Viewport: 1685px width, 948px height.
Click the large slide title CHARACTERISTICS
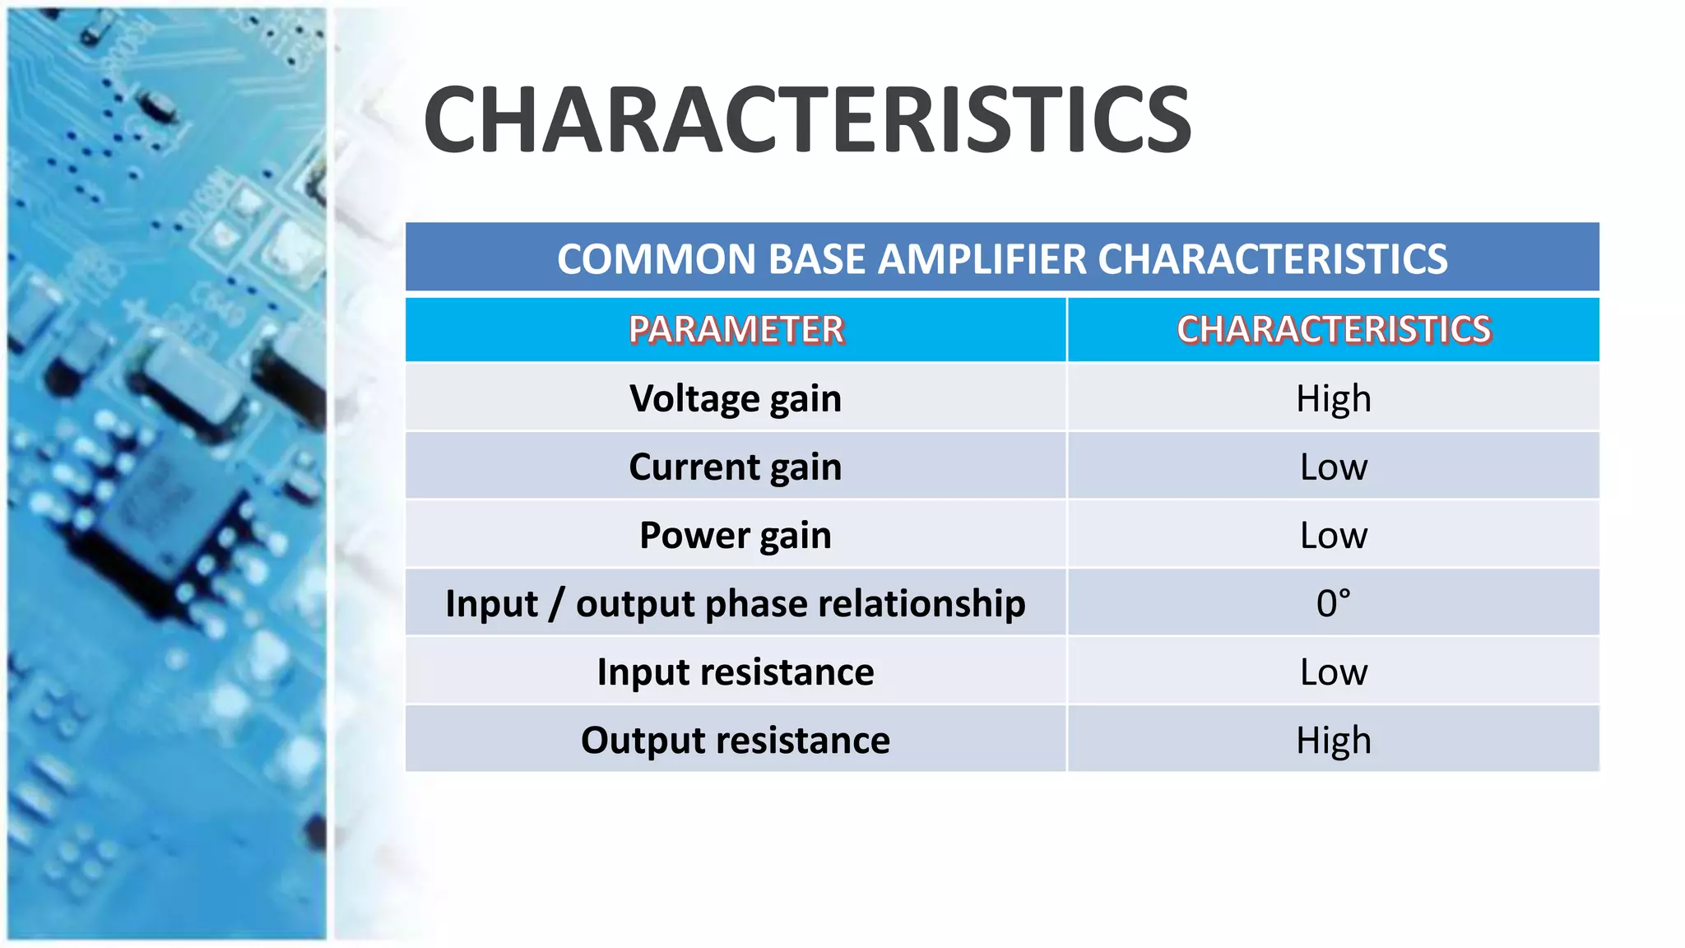pos(806,121)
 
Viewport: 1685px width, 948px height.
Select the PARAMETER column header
pos(736,330)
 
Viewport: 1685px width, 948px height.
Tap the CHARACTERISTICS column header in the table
pos(1333,330)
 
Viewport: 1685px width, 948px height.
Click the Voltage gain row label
pos(736,399)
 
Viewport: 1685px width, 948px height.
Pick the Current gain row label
pos(736,467)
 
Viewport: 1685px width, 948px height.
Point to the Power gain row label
pos(736,536)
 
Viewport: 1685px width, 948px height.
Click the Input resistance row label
pos(736,672)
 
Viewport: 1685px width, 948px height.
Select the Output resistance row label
pos(736,741)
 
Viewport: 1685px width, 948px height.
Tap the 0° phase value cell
pos(1333,604)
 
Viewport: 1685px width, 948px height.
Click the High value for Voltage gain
pos(1333,399)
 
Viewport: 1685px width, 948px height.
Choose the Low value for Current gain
pos(1333,467)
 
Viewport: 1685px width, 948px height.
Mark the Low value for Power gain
pos(1333,536)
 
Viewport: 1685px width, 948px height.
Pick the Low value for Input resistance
pos(1333,672)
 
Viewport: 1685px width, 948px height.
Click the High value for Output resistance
pos(1333,741)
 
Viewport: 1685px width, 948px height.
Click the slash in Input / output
pos(557,604)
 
